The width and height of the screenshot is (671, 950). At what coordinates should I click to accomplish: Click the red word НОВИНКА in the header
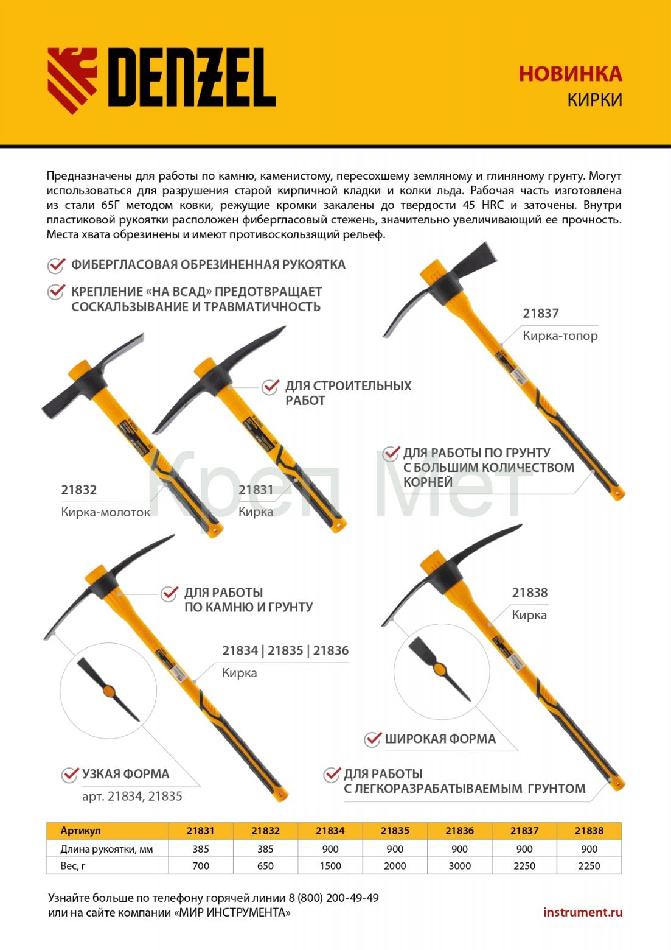(x=570, y=74)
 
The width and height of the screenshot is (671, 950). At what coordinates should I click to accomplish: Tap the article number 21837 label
(x=540, y=314)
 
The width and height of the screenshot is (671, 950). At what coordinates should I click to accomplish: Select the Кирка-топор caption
(x=560, y=336)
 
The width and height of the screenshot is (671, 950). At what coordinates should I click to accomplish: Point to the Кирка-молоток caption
(x=105, y=512)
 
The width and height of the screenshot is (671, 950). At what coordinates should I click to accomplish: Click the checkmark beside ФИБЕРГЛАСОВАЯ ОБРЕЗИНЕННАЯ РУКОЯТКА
(x=56, y=265)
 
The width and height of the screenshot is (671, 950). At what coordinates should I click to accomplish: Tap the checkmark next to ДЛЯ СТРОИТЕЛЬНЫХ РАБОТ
(x=269, y=387)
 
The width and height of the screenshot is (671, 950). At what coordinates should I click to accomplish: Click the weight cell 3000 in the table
(x=459, y=866)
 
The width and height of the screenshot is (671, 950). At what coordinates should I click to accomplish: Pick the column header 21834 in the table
(x=330, y=831)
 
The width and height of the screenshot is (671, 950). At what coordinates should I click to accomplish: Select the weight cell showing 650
(x=265, y=866)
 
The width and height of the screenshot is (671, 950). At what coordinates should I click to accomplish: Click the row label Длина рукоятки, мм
(x=106, y=849)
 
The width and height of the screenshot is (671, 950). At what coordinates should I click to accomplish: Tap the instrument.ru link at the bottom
(x=582, y=912)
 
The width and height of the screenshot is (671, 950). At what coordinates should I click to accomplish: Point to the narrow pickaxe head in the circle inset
(x=108, y=690)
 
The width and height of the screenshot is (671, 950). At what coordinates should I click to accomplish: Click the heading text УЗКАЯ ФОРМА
(x=125, y=774)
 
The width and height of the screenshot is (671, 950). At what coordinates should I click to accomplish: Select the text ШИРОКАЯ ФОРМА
(x=440, y=739)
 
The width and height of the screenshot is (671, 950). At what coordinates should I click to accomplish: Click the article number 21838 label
(x=529, y=593)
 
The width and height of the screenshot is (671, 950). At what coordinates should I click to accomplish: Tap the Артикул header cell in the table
(x=80, y=831)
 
